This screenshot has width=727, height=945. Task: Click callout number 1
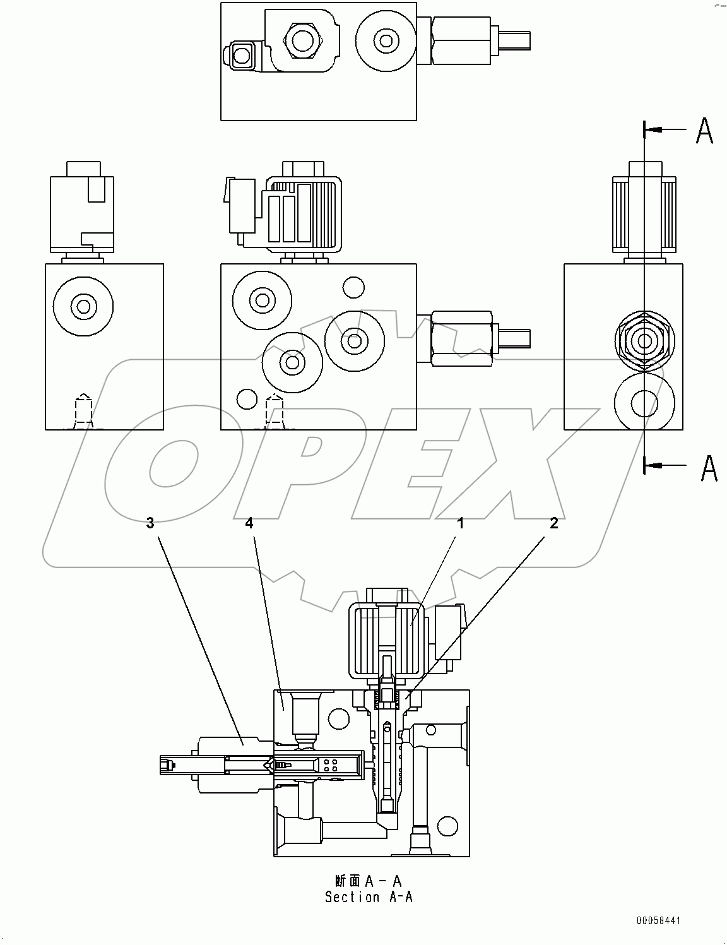pyautogui.click(x=461, y=523)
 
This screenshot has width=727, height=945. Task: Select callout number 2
pyautogui.click(x=553, y=523)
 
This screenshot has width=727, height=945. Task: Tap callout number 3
pyautogui.click(x=150, y=523)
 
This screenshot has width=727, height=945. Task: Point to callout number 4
pyautogui.click(x=249, y=523)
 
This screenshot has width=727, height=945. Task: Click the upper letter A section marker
pyautogui.click(x=704, y=131)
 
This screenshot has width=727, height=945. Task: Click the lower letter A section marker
pyautogui.click(x=709, y=467)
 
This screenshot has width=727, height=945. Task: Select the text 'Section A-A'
pyautogui.click(x=369, y=896)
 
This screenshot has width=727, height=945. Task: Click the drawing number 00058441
pyautogui.click(x=658, y=921)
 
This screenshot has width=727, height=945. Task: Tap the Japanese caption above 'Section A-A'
pyautogui.click(x=369, y=881)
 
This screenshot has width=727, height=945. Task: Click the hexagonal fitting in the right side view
pyautogui.click(x=644, y=341)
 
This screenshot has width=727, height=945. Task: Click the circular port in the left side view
pyautogui.click(x=83, y=307)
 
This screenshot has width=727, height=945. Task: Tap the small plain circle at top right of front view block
pyautogui.click(x=353, y=288)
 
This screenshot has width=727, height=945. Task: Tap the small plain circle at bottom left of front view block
pyautogui.click(x=246, y=399)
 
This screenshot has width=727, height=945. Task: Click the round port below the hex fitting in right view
pyautogui.click(x=644, y=401)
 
